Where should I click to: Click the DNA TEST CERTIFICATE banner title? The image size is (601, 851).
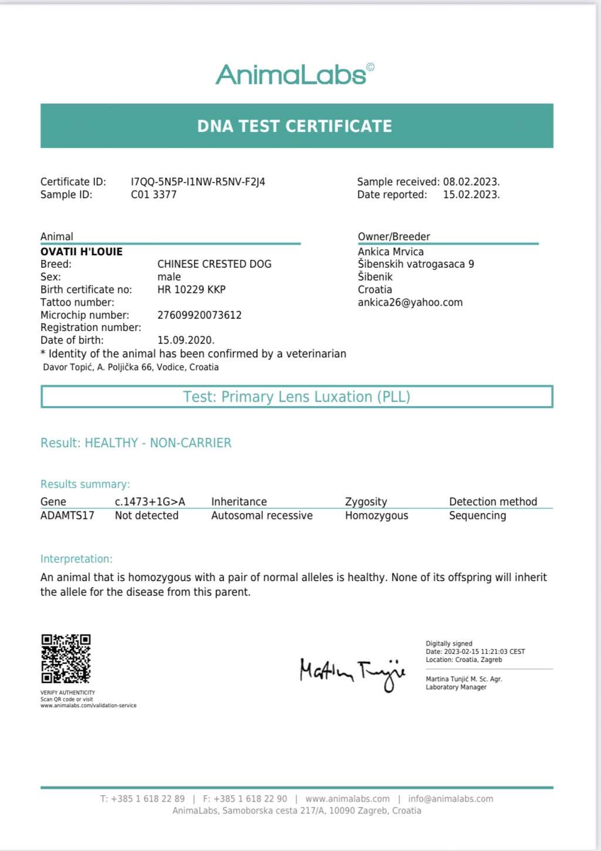click(x=295, y=126)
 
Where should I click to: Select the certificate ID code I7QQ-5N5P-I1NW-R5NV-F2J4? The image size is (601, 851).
click(x=198, y=182)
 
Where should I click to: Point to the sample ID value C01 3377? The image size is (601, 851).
click(x=154, y=195)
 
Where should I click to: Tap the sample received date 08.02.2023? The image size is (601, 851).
click(x=471, y=182)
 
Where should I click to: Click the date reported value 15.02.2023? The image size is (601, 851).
click(x=471, y=195)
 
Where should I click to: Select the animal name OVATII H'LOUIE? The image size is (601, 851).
click(x=82, y=252)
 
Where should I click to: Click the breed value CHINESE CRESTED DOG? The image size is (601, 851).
click(x=214, y=264)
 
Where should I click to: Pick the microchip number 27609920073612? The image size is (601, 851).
click(x=200, y=315)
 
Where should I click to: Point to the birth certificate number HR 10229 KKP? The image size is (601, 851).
click(x=191, y=289)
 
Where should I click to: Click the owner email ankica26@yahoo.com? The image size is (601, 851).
click(x=410, y=302)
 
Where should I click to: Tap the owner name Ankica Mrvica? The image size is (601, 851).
click(x=391, y=252)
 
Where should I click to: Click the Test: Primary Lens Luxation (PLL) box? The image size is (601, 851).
click(x=296, y=397)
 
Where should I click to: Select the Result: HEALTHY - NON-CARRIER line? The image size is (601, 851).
click(x=136, y=443)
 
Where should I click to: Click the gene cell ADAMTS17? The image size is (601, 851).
click(x=67, y=516)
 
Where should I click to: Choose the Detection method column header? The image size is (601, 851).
click(x=493, y=502)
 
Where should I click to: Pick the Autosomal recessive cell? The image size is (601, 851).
click(x=262, y=516)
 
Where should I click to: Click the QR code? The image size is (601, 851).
click(x=66, y=658)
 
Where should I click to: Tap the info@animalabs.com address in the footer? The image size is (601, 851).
click(x=451, y=799)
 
